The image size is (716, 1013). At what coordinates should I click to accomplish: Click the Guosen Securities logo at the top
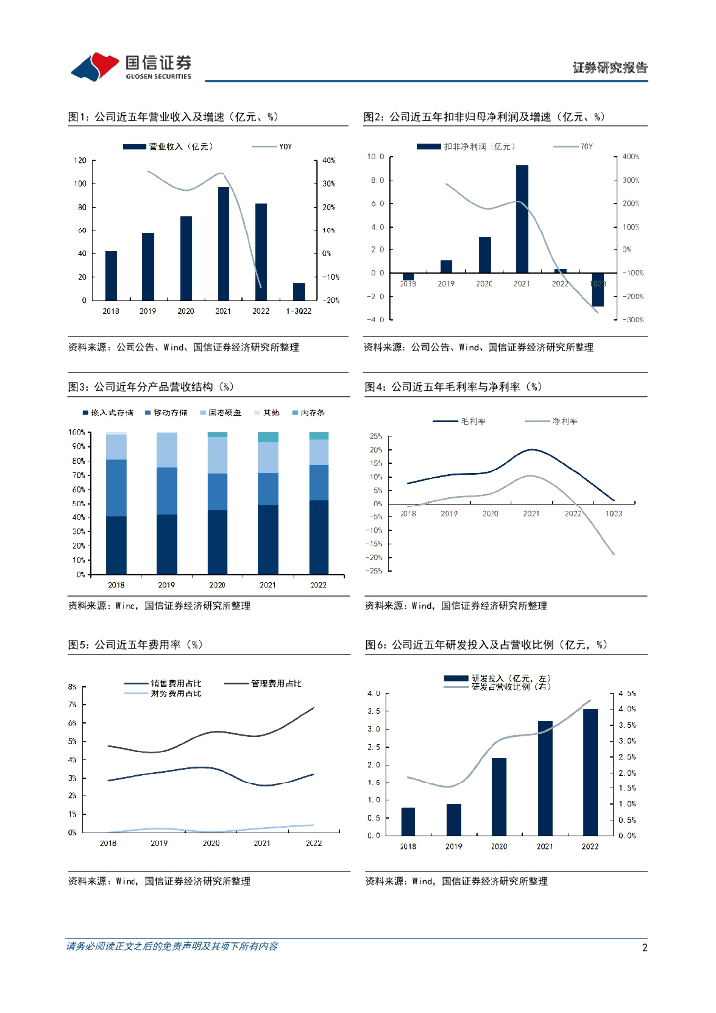click(x=131, y=65)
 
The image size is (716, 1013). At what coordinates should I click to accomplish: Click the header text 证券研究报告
click(x=610, y=68)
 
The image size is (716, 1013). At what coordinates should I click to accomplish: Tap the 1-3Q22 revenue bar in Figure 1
click(x=299, y=291)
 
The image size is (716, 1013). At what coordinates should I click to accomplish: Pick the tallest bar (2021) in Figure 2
click(x=522, y=219)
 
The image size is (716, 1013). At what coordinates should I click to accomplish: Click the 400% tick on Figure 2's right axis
click(x=631, y=157)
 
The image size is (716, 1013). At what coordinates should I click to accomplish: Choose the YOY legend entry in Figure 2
click(x=576, y=147)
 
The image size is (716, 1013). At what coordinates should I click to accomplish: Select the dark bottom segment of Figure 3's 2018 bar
click(x=116, y=545)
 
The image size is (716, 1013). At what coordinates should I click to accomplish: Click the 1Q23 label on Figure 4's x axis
click(x=614, y=514)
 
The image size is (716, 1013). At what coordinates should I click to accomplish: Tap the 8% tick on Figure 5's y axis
click(x=73, y=686)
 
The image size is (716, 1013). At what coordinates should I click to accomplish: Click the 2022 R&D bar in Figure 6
click(x=590, y=772)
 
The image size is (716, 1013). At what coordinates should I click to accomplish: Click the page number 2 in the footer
click(x=645, y=947)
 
